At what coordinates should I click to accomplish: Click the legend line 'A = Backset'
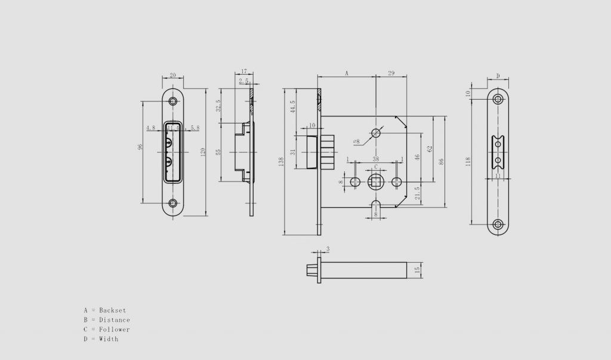pyautogui.click(x=105, y=310)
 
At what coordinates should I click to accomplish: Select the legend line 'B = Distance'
pyautogui.click(x=107, y=320)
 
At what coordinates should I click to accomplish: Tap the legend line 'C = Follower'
pyautogui.click(x=107, y=330)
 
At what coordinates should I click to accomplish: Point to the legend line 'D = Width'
pyautogui.click(x=101, y=339)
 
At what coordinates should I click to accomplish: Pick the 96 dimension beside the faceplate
pyautogui.click(x=140, y=147)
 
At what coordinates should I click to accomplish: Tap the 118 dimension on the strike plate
pyautogui.click(x=468, y=162)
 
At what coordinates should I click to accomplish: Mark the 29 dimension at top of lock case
pyautogui.click(x=391, y=73)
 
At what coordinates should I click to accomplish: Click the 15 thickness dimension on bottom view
pyautogui.click(x=418, y=270)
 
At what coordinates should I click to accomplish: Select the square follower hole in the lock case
pyautogui.click(x=376, y=180)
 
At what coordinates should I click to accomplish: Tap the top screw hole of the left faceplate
pyautogui.click(x=173, y=101)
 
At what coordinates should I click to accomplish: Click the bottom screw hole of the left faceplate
pyautogui.click(x=173, y=204)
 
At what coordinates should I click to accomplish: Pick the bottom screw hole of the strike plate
pyautogui.click(x=498, y=224)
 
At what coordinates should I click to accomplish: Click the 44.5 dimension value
pyautogui.click(x=292, y=107)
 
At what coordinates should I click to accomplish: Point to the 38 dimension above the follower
pyautogui.click(x=376, y=159)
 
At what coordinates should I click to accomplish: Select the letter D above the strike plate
pyautogui.click(x=498, y=76)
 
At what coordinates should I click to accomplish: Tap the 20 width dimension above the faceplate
pyautogui.click(x=173, y=75)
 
